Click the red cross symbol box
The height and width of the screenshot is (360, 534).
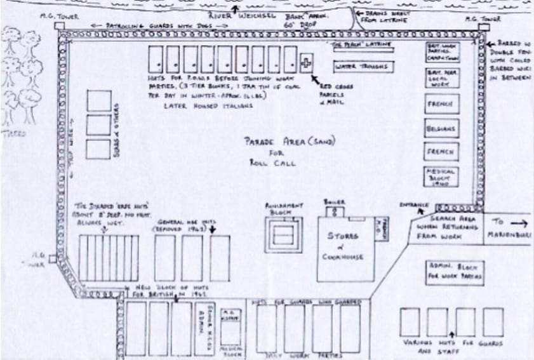(307, 62)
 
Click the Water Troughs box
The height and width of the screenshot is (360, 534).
(363, 66)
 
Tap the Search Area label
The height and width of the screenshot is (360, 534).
(451, 217)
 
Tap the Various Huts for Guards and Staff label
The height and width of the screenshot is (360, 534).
(451, 343)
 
